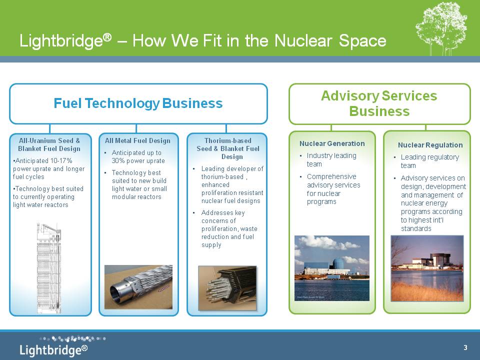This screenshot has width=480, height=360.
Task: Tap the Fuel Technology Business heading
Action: click(x=138, y=103)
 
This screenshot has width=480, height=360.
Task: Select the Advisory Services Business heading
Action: click(x=379, y=103)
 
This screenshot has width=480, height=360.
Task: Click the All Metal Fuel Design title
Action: click(x=137, y=141)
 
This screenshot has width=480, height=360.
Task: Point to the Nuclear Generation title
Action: click(x=332, y=143)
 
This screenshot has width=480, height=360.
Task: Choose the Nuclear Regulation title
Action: click(x=430, y=145)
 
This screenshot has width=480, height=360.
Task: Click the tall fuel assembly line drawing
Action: click(x=49, y=268)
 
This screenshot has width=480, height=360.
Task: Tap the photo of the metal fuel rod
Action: click(x=138, y=287)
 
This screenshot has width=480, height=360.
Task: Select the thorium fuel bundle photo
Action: click(x=227, y=288)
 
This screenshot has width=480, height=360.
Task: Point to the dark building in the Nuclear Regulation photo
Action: click(x=439, y=259)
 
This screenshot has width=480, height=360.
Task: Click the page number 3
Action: click(x=465, y=347)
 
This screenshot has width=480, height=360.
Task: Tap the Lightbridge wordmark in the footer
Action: click(x=53, y=350)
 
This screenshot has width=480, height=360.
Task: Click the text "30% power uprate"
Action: click(x=138, y=160)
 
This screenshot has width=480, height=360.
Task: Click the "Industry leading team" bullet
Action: click(x=331, y=160)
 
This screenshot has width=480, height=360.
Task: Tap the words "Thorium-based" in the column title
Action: click(x=228, y=141)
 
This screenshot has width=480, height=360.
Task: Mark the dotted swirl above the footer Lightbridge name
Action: click(x=73, y=339)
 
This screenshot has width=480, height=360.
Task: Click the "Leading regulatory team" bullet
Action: click(x=430, y=161)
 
